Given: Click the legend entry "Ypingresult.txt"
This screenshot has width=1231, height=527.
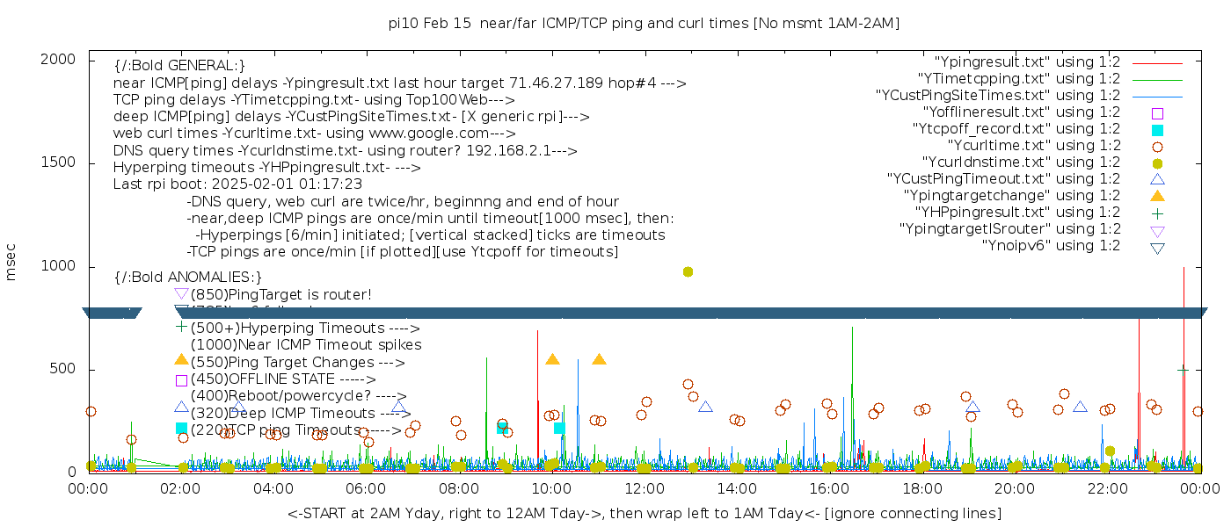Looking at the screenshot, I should [1027, 62].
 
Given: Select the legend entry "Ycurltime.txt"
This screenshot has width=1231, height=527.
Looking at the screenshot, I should [1033, 146].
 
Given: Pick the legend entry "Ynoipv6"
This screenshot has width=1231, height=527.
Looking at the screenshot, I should [1051, 246].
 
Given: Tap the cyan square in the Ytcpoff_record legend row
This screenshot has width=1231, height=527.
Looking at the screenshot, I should [1157, 130].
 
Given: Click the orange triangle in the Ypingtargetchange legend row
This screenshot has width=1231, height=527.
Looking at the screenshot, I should [1157, 196].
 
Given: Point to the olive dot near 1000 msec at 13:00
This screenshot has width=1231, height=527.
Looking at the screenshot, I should [688, 271].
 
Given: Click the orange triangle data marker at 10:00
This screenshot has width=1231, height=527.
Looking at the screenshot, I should [552, 359].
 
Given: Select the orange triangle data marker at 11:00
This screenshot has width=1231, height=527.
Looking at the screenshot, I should [599, 359].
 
